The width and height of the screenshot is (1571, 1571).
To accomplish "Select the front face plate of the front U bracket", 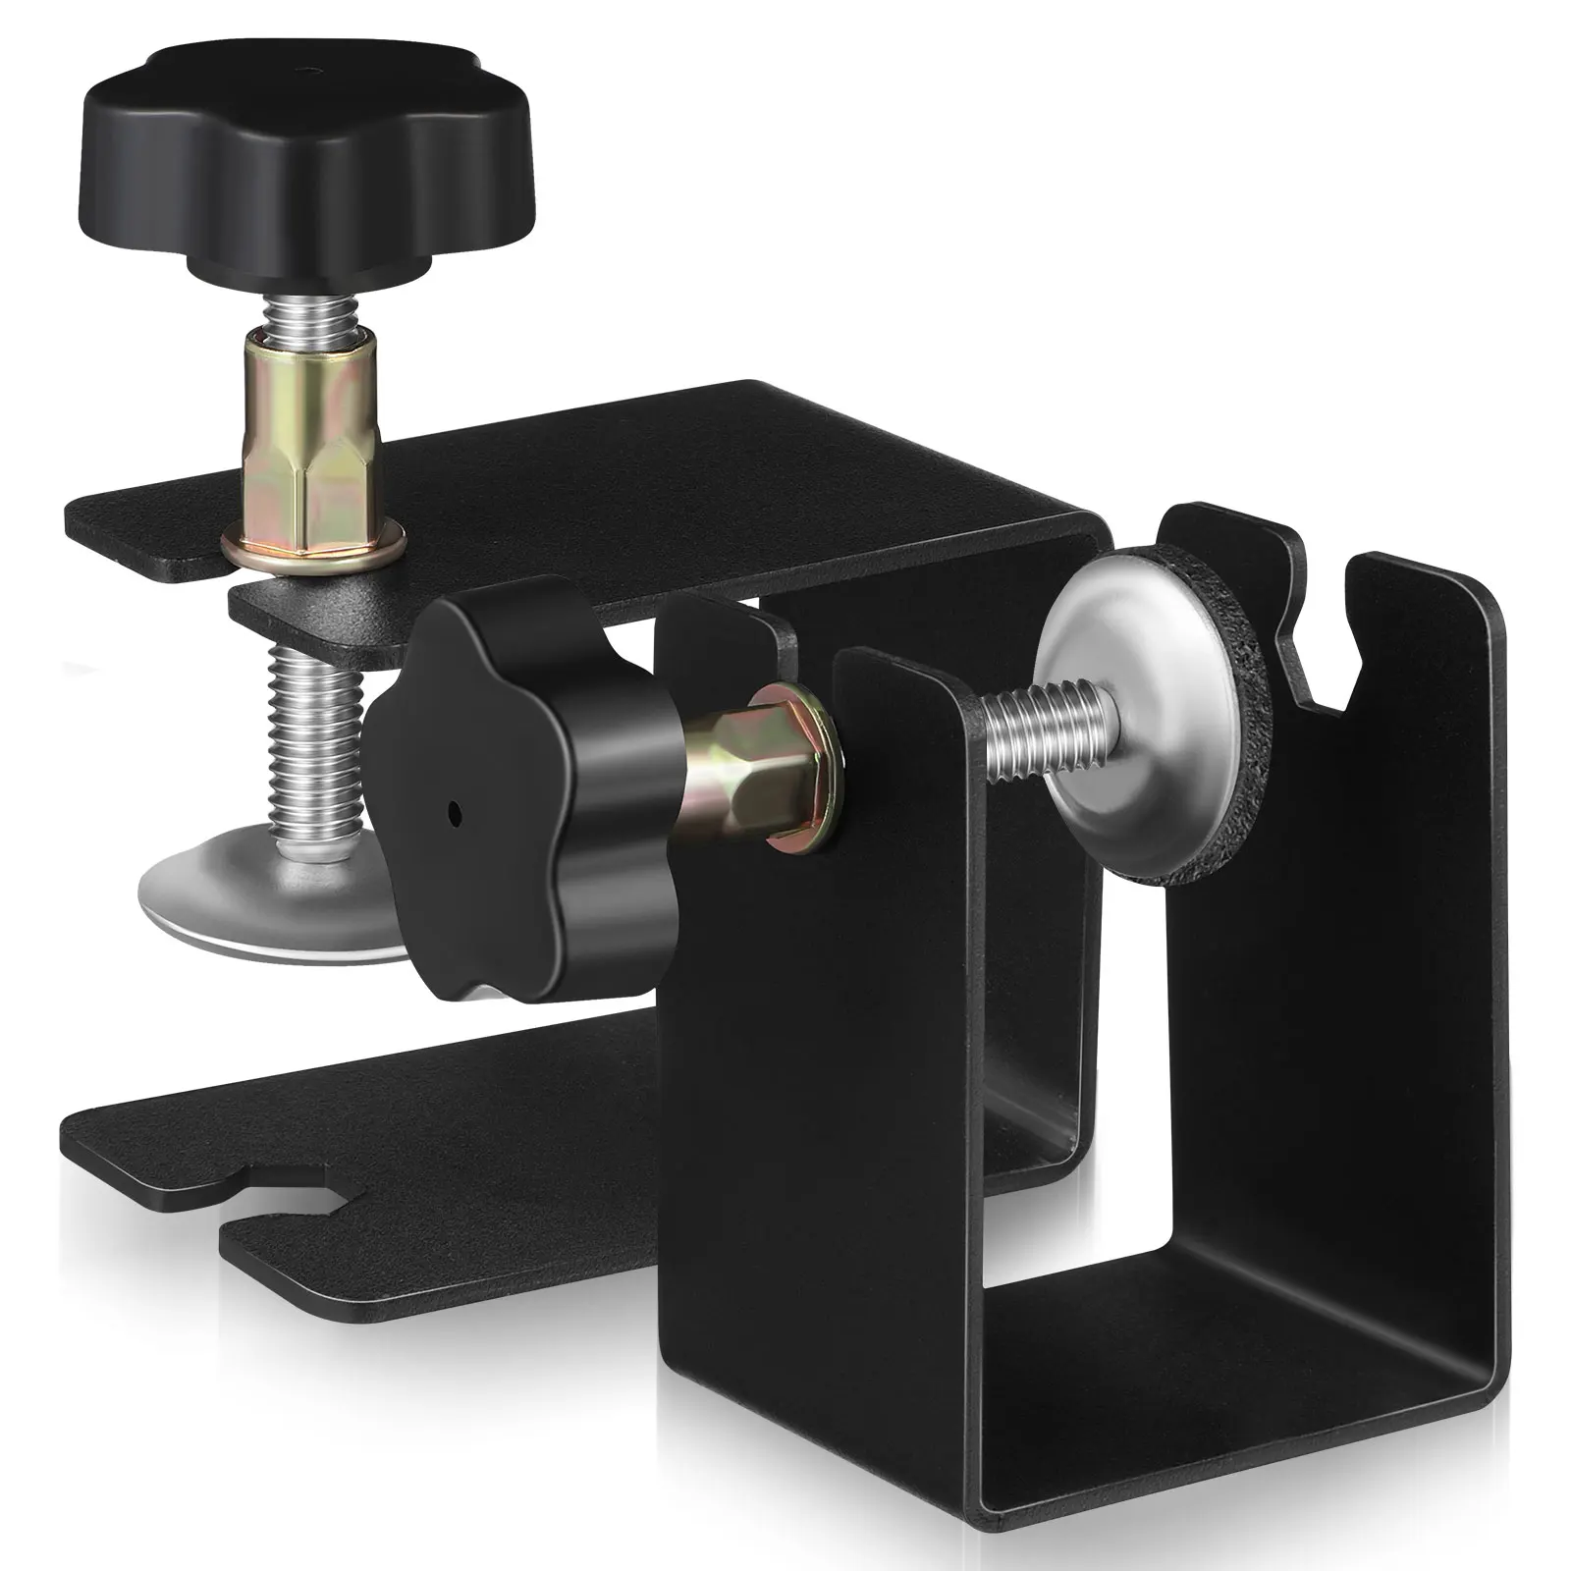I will pyautogui.click(x=815, y=1129).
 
